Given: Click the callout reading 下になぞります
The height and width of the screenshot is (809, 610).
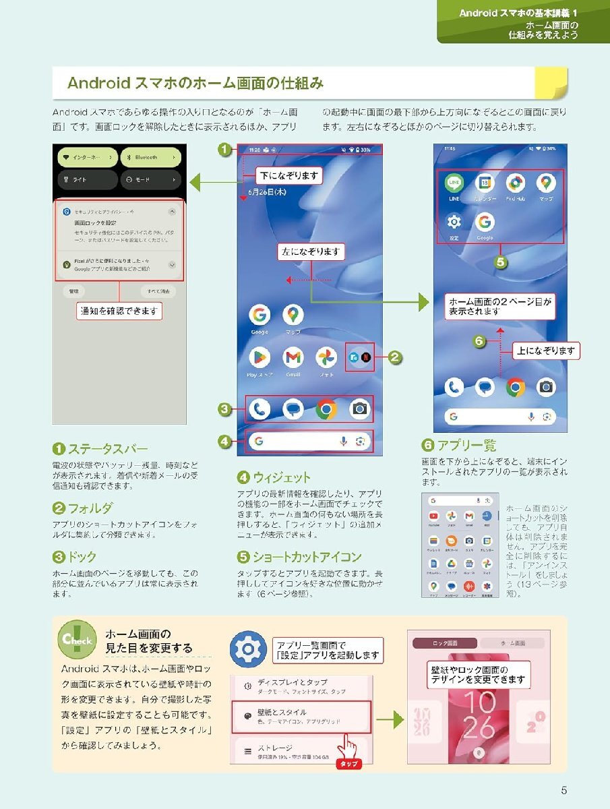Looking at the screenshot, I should (x=289, y=176).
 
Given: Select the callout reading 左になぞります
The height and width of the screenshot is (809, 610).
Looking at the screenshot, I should (x=311, y=252).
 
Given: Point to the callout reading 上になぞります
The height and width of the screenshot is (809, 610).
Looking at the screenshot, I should (x=547, y=351).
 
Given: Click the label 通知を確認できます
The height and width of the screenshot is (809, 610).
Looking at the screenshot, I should (x=119, y=311).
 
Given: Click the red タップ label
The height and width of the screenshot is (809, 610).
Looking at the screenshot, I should (x=349, y=764).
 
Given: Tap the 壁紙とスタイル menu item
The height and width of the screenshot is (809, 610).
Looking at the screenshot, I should (x=301, y=716).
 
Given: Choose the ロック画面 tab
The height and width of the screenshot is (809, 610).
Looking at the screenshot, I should (x=445, y=643).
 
